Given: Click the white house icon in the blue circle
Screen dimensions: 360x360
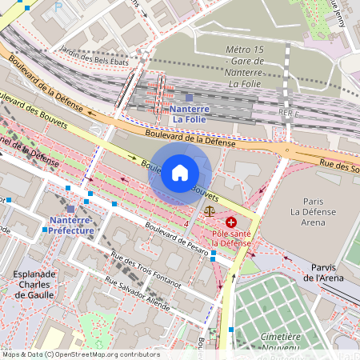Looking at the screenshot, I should pos(180,173).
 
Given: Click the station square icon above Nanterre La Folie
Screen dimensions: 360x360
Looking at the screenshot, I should pos(190,97).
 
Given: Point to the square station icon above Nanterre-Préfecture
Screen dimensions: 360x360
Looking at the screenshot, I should pos(71,209).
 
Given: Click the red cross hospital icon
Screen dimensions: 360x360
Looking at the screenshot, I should pos(231,222).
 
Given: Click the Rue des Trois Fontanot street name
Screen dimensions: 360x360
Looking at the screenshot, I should pos(146,270).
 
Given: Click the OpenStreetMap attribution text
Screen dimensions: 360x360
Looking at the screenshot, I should pos(82,354).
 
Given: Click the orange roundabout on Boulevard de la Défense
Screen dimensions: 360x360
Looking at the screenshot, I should pos(286,150).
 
